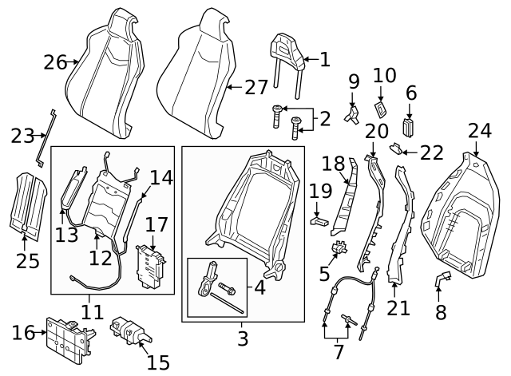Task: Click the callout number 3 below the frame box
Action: [243, 338]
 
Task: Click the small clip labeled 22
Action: [396, 148]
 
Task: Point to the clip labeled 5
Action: [339, 248]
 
